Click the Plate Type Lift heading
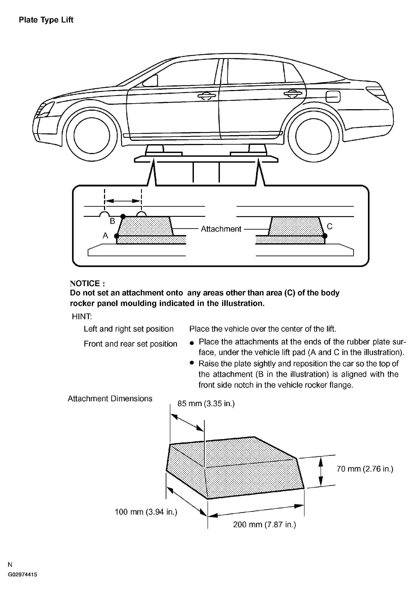click(46, 20)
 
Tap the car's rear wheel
click(313, 136)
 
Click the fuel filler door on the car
click(333, 97)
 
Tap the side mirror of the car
click(151, 81)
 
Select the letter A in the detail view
click(105, 235)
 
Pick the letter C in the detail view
click(329, 226)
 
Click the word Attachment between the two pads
click(221, 229)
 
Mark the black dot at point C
click(325, 236)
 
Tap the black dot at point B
click(123, 216)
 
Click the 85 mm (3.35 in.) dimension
click(206, 403)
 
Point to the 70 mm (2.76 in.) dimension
click(365, 469)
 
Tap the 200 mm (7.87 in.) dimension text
click(264, 524)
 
